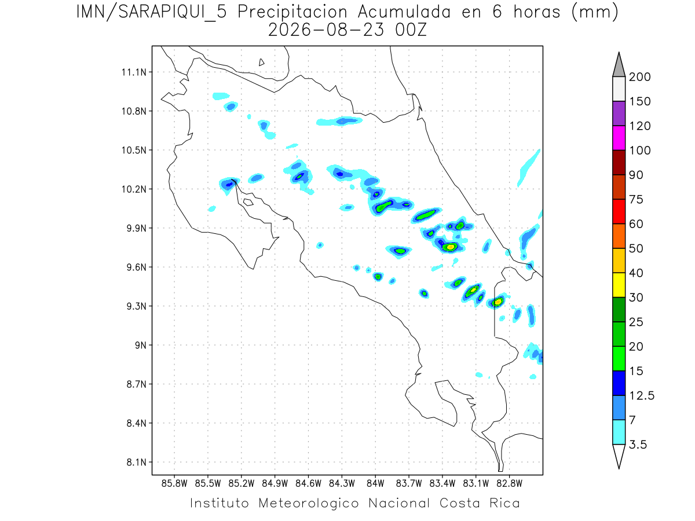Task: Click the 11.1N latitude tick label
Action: (x=134, y=72)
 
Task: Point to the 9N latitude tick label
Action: (x=141, y=345)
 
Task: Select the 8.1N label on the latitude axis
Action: (x=137, y=462)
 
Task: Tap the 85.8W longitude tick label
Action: (x=174, y=484)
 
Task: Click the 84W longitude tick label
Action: (x=375, y=484)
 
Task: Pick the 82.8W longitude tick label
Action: (x=509, y=484)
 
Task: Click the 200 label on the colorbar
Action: (x=639, y=77)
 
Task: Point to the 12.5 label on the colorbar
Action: (x=642, y=396)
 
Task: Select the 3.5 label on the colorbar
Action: (x=638, y=445)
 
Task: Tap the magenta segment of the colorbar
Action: (x=619, y=138)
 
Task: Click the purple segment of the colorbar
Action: (x=619, y=113)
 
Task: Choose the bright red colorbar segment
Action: (x=619, y=211)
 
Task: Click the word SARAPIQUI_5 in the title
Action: (x=173, y=12)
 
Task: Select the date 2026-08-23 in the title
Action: (x=326, y=30)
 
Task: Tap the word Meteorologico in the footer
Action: (x=308, y=503)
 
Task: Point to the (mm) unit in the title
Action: (x=595, y=12)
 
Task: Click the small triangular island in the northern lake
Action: (x=261, y=63)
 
